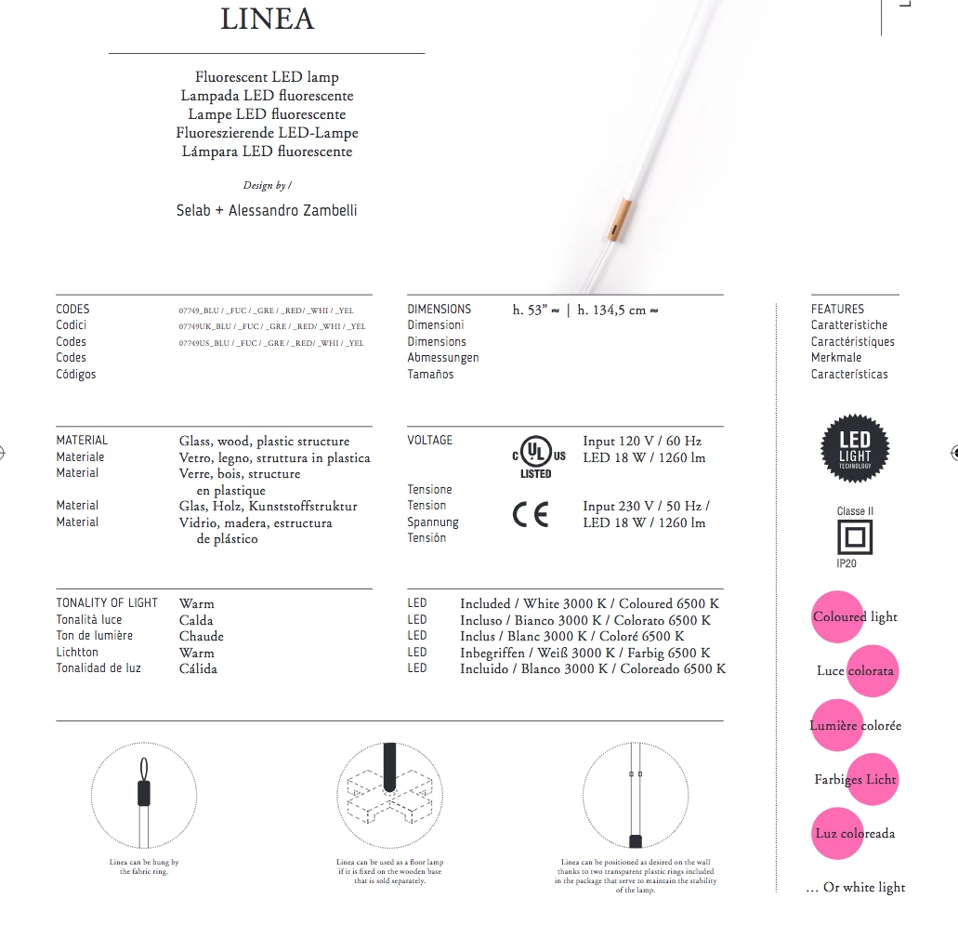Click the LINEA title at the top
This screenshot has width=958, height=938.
(x=268, y=20)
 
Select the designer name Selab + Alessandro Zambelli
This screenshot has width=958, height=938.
(x=267, y=210)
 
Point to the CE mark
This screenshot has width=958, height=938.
(x=531, y=514)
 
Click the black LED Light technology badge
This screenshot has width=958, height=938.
(x=855, y=448)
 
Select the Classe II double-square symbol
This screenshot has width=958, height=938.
(x=855, y=537)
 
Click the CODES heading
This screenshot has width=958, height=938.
(x=73, y=309)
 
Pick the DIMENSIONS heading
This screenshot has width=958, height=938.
(x=439, y=309)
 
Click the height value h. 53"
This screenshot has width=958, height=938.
(x=536, y=310)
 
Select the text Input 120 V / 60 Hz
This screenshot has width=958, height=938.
(x=642, y=441)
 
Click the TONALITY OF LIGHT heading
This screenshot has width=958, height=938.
(x=107, y=602)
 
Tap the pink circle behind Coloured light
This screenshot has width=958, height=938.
(x=837, y=616)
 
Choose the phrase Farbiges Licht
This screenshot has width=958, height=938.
(x=855, y=779)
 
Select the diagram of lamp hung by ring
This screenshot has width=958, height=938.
(x=144, y=795)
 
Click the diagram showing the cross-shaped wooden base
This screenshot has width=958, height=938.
(x=389, y=795)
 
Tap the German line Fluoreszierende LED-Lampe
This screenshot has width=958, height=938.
(x=267, y=133)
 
